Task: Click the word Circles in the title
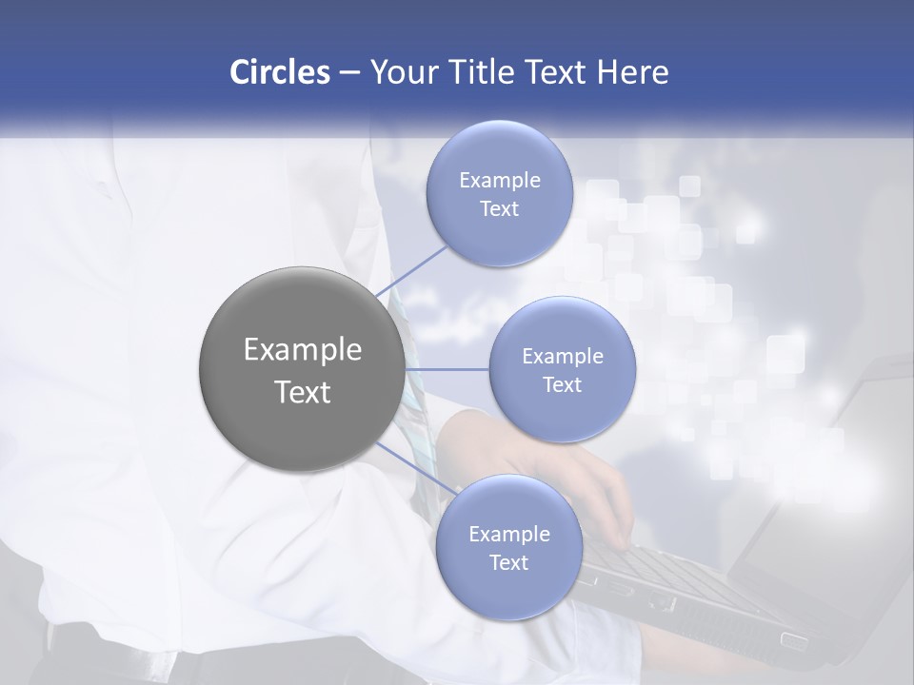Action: point(280,72)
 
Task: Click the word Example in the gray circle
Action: point(303,350)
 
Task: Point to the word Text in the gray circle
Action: point(303,392)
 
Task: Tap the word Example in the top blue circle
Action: point(500,181)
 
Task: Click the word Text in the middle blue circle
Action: point(562,384)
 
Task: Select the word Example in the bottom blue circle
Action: point(509,534)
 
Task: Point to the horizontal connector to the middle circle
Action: point(447,368)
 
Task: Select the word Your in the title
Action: point(399,72)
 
